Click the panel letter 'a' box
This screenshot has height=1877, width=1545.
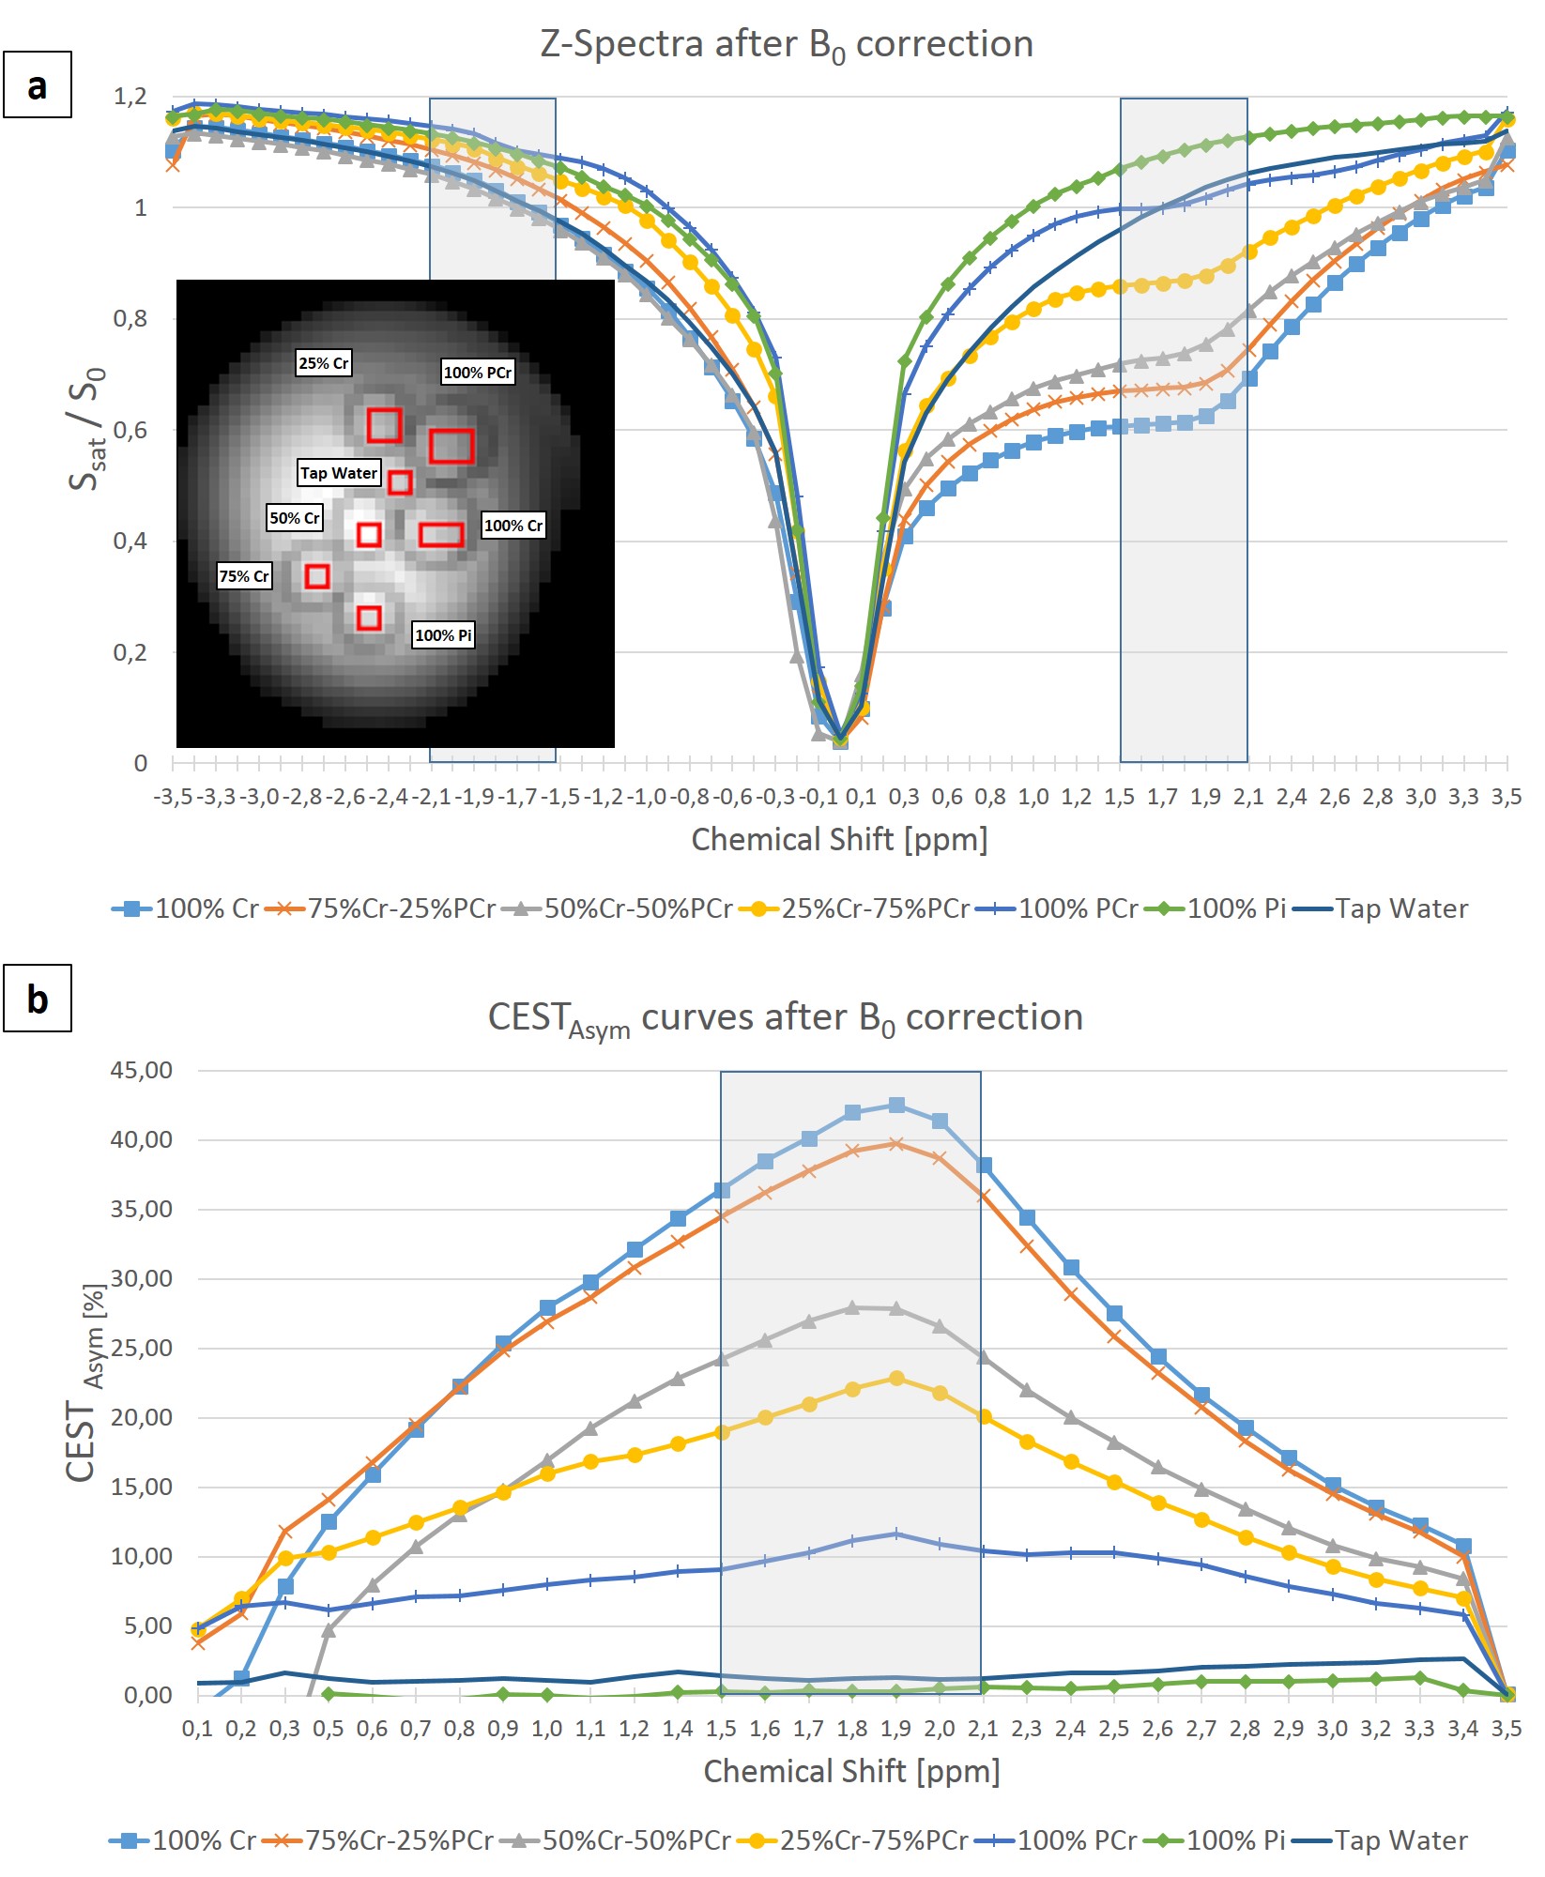(x=38, y=85)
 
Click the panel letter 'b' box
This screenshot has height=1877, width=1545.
(x=38, y=999)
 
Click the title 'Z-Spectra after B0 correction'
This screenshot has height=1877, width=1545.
(x=787, y=45)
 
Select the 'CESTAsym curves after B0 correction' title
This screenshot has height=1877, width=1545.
(x=786, y=1018)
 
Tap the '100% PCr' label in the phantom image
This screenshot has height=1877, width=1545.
(x=478, y=373)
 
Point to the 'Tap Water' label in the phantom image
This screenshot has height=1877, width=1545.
(x=339, y=473)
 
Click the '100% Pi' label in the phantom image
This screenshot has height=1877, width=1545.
(x=443, y=635)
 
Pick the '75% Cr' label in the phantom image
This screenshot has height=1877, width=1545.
(x=244, y=576)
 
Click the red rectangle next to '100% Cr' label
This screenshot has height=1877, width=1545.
(x=441, y=535)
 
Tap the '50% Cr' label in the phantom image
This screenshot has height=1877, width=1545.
(x=295, y=518)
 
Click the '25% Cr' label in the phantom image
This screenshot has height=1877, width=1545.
(x=324, y=363)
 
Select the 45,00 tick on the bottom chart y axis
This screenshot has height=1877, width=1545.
(x=142, y=1071)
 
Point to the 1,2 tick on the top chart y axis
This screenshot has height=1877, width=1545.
(x=130, y=97)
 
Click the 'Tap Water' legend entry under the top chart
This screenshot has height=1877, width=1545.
(x=1382, y=908)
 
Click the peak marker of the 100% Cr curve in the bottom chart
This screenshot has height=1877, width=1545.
(x=896, y=1106)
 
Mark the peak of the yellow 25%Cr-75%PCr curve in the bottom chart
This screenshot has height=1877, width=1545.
(x=896, y=1379)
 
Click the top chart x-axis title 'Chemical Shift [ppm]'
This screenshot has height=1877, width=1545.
(x=839, y=839)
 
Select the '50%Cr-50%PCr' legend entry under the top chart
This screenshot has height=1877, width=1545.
(x=620, y=908)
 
